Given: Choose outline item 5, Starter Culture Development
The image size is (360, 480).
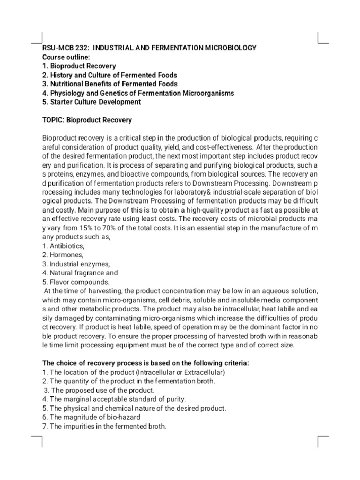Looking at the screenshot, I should click(91, 102).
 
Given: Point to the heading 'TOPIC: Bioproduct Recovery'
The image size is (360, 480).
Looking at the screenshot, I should click(87, 120).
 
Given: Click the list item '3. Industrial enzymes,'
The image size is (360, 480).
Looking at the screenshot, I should click(76, 264).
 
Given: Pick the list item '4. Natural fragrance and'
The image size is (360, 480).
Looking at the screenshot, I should click(80, 273).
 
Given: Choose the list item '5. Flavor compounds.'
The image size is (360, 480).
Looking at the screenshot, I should click(75, 282).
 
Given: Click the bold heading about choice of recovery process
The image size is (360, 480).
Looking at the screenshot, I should click(139, 363).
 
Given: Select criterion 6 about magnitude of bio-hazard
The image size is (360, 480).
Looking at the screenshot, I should click(91, 417).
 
